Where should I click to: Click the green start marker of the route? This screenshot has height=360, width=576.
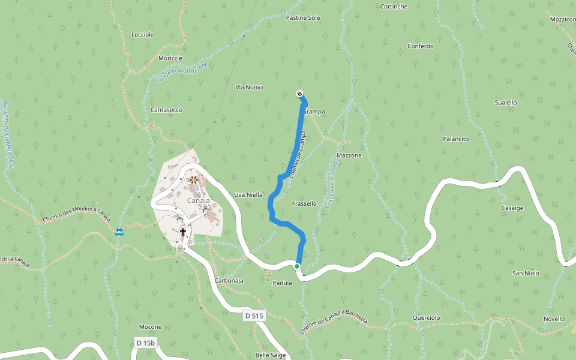pos(297,266)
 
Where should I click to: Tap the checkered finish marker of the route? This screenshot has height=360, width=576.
pos(299,94)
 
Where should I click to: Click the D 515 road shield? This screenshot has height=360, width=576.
pos(254,316)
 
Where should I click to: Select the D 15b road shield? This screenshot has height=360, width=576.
pos(145,343)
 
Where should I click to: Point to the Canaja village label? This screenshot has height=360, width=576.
pos(198,200)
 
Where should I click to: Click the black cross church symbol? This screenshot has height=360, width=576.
pos(183,232)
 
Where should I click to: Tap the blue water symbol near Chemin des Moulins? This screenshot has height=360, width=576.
pos(120,232)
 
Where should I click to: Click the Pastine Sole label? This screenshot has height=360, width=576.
pos(303,18)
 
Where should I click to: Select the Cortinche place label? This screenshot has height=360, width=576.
pos(394,7)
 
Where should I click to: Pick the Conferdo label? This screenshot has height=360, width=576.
pos(420,46)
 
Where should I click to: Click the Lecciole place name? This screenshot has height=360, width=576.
pos(143,35)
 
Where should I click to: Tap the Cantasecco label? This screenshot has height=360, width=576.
pos(166,110)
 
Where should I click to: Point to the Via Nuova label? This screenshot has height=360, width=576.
pos(250,88)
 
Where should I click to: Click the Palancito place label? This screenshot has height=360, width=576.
pos(455,139)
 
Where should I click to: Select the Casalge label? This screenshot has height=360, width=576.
pos(512,208)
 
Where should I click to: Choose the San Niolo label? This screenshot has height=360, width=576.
pos(525,274)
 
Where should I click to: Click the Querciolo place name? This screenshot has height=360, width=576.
pos(426,318)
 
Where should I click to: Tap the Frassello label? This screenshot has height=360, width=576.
pos(304,204)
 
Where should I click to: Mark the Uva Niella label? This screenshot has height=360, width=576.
pos(248,195)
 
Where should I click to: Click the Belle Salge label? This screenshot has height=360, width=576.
pos(271,355)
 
